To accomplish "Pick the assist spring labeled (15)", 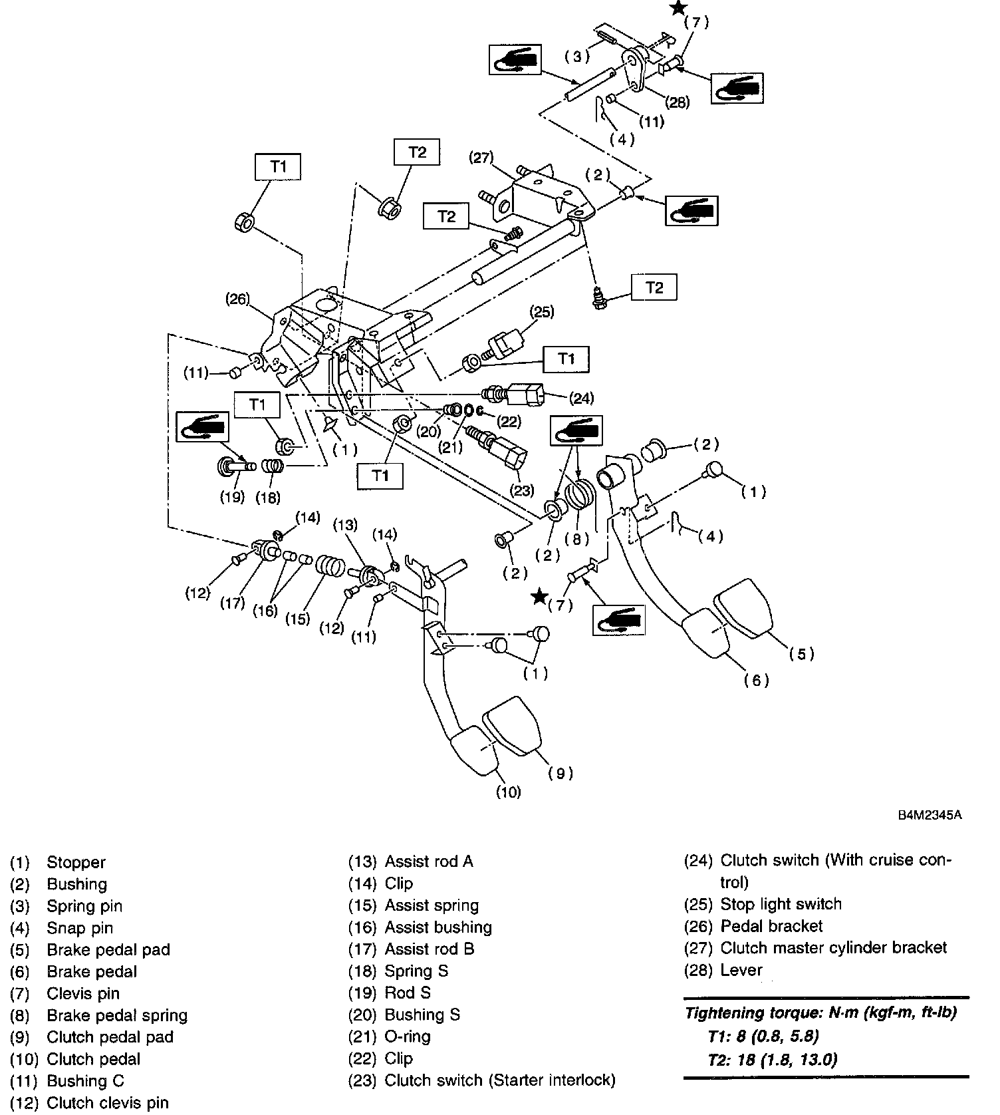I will (x=330, y=567).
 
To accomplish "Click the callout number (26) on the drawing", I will (x=237, y=299).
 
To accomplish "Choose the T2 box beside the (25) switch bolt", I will (x=654, y=287).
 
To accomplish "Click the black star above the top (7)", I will (x=678, y=8).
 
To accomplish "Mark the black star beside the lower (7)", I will (x=540, y=596).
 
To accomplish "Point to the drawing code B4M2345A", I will (x=930, y=816).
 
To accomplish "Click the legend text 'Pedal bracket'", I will (x=771, y=926).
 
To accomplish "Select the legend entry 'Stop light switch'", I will (x=781, y=904).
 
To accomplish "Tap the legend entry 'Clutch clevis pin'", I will (x=107, y=1103).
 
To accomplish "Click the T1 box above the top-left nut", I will (x=278, y=166).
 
